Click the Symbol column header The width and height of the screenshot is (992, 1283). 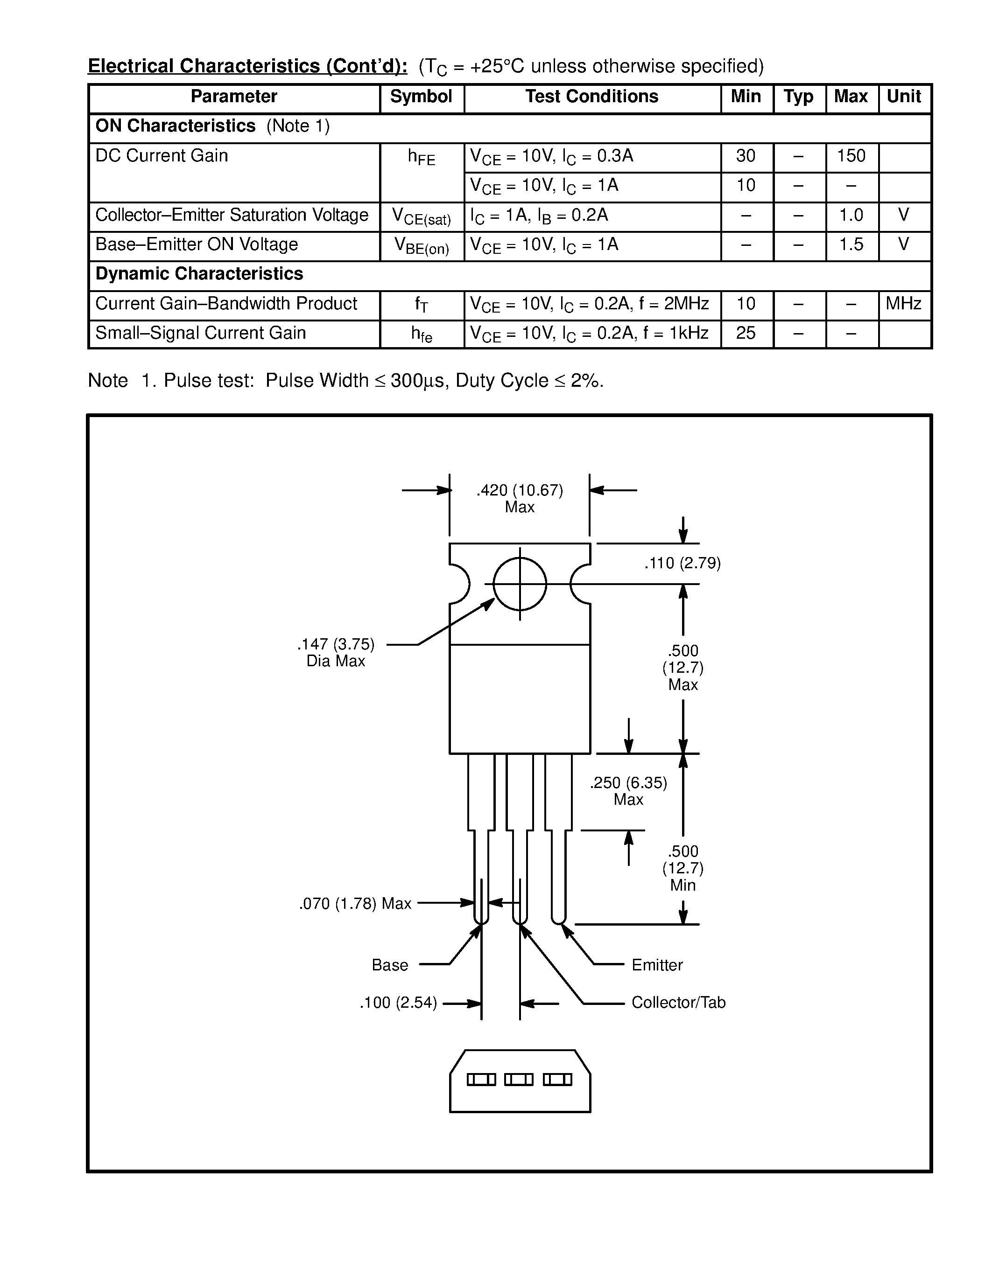tap(421, 97)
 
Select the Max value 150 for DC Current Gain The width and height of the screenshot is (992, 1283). tap(851, 156)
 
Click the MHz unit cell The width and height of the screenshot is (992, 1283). tap(903, 304)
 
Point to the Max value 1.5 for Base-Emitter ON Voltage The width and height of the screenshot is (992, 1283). tap(851, 244)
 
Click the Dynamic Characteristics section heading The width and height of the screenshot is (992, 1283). tap(199, 274)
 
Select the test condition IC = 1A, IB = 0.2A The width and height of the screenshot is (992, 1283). tap(539, 215)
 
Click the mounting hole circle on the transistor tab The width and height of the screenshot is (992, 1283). tap(520, 584)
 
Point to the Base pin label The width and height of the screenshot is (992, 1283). tap(390, 965)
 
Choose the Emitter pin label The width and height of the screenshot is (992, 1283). tap(657, 965)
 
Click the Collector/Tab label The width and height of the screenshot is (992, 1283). tap(678, 1002)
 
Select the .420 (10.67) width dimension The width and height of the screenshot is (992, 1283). tap(520, 490)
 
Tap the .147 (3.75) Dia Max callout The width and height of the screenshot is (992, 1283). tap(336, 652)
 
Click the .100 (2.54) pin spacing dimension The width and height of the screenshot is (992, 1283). tap(398, 1003)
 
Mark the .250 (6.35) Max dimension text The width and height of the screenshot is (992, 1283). tap(628, 791)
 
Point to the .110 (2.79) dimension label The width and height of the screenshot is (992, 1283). tap(682, 564)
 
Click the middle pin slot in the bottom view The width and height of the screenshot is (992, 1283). tap(519, 1080)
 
